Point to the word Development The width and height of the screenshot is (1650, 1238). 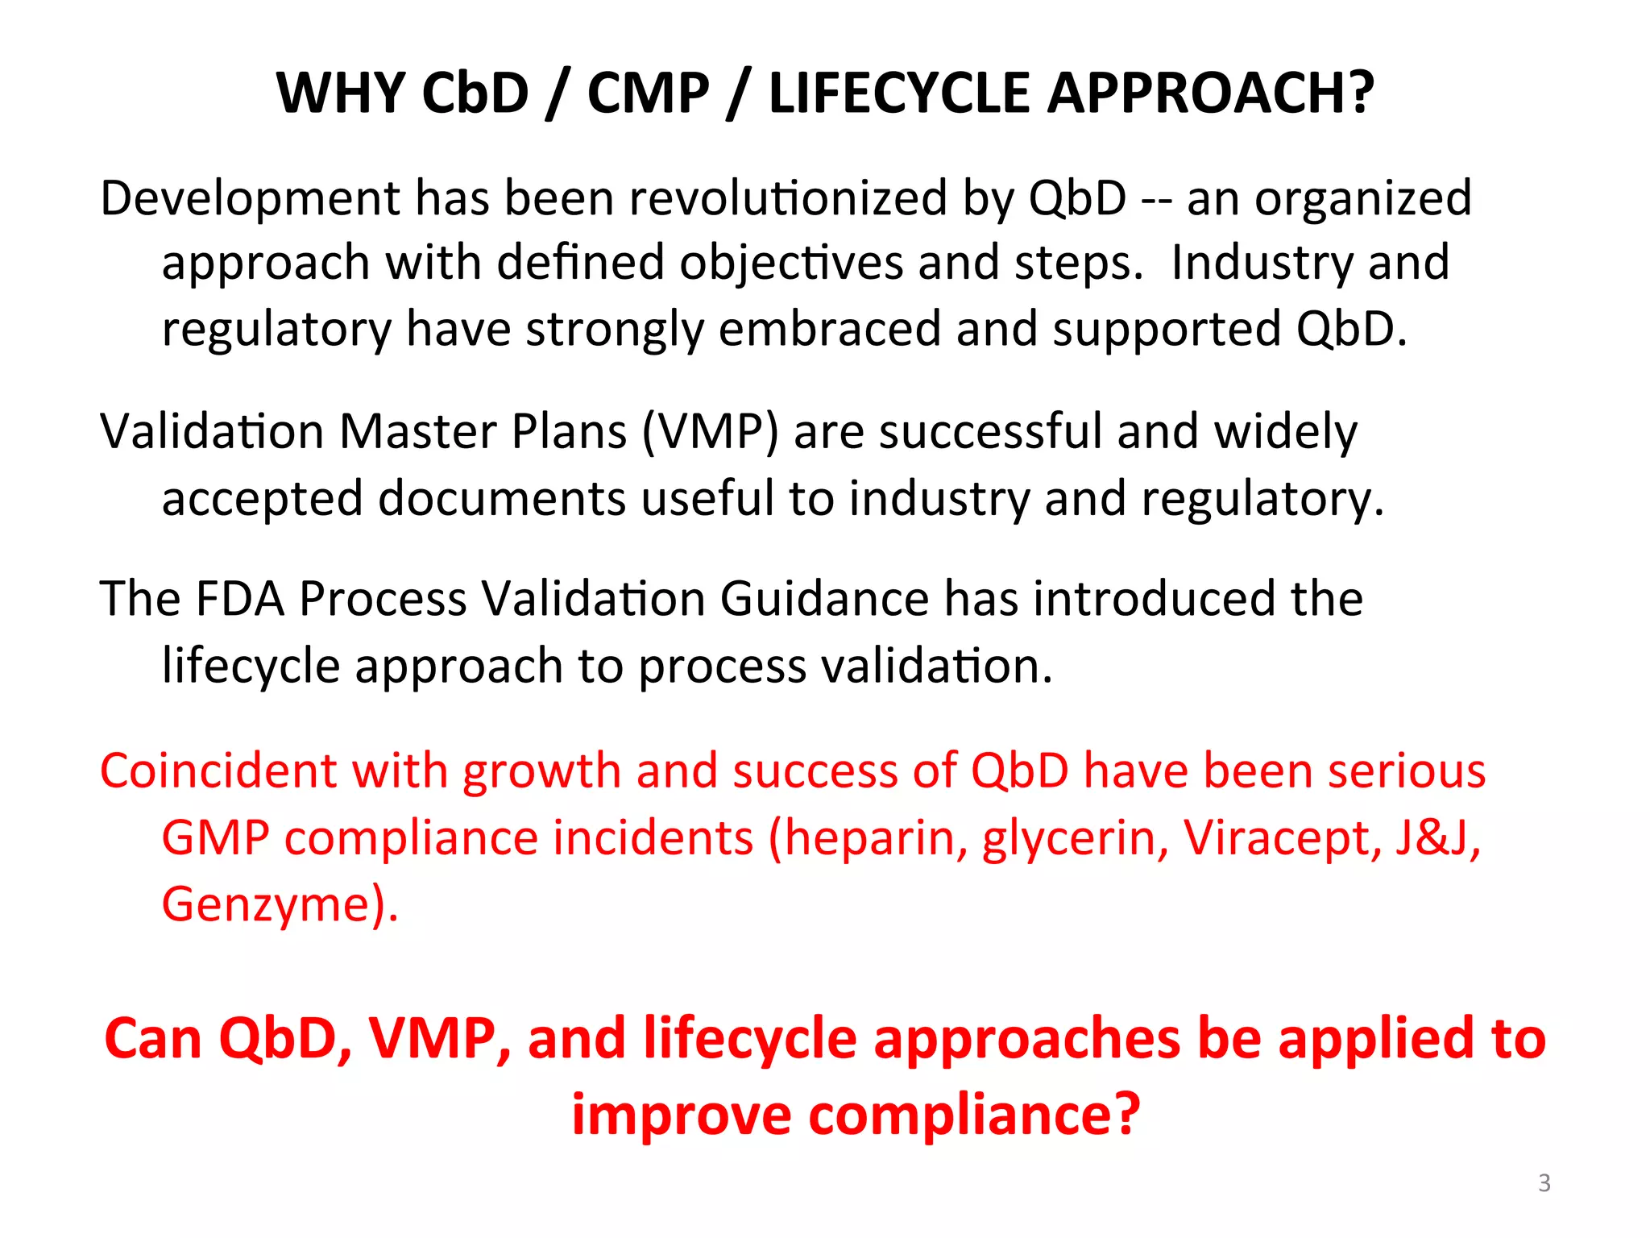point(250,199)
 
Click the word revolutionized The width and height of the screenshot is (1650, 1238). point(788,199)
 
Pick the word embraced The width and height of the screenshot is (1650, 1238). point(829,329)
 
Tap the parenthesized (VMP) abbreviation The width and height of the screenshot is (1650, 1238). point(710,432)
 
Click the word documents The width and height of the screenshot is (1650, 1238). point(501,498)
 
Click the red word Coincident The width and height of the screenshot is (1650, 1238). point(218,771)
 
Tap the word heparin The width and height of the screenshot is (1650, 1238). point(868,838)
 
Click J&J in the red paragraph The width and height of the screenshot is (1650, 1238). point(1437,838)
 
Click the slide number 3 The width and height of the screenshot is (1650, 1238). point(1544,1183)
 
